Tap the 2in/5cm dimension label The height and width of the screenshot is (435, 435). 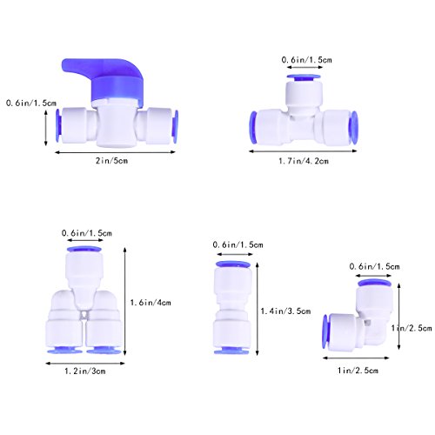112,161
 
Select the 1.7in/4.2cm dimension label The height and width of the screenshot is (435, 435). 304,161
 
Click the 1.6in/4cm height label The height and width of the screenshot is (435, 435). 151,303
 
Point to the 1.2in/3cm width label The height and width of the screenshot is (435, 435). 85,371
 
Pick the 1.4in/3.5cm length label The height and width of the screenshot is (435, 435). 285,311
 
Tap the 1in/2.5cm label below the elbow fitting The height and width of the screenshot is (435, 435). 358,371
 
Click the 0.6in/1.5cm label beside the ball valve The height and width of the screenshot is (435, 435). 31,103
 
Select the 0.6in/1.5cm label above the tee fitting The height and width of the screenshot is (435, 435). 306,60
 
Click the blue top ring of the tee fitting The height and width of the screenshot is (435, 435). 304,77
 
